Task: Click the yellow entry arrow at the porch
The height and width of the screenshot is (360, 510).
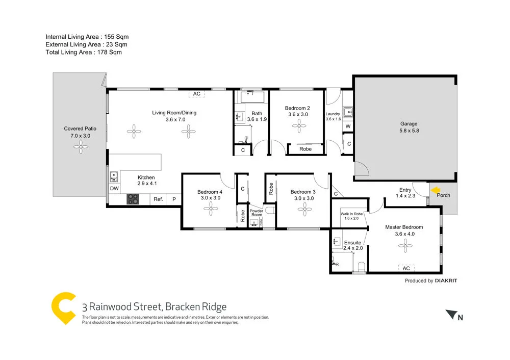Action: click(436, 191)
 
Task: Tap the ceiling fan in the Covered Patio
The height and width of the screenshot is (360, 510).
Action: click(80, 148)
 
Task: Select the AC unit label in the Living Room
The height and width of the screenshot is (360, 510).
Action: click(197, 94)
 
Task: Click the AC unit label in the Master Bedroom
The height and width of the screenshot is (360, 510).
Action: click(406, 268)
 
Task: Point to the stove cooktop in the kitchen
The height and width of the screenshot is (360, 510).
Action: click(133, 199)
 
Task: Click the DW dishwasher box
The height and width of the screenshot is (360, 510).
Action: click(114, 189)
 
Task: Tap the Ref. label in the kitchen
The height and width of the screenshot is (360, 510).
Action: click(158, 199)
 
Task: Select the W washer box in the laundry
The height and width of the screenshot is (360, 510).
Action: click(348, 126)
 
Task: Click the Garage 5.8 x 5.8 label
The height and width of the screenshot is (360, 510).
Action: click(409, 127)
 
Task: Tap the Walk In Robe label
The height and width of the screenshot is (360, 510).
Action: click(352, 216)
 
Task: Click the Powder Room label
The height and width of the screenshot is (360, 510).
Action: click(256, 213)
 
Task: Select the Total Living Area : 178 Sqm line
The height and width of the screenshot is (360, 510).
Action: click(84, 52)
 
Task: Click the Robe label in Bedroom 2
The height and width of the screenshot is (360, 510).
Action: click(305, 149)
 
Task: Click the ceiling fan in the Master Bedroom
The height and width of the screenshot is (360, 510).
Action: click(406, 246)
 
